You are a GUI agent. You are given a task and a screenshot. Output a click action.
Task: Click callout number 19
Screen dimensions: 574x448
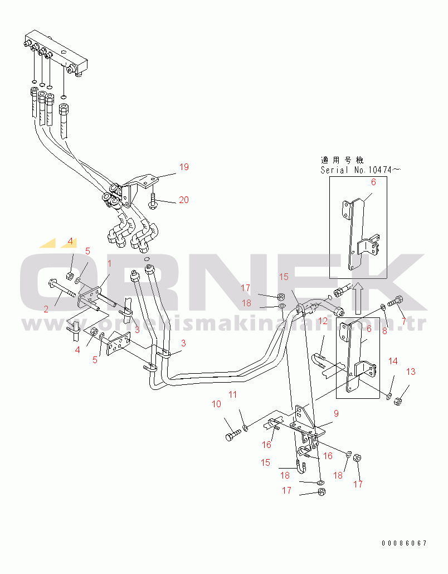(184, 167)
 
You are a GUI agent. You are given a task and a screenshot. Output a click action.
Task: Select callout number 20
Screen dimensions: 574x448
(184, 200)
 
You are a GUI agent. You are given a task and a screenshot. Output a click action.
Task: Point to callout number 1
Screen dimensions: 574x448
(109, 263)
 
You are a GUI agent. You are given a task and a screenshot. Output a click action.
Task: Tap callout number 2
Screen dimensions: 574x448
(46, 308)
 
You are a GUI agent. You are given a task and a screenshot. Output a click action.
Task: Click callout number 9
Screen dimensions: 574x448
(336, 414)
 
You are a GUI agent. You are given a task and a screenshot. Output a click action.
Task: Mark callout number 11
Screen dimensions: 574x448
(232, 394)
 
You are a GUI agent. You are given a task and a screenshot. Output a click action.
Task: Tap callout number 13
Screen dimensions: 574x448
(411, 372)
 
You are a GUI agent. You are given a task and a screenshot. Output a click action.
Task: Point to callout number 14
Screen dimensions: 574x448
(393, 361)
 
